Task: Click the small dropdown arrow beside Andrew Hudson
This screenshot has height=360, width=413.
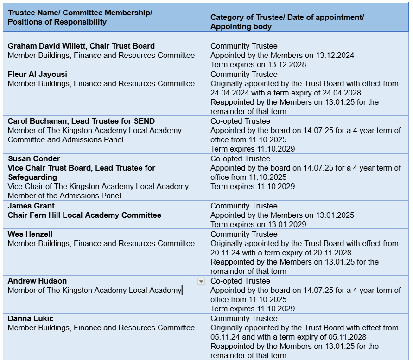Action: [x=201, y=281]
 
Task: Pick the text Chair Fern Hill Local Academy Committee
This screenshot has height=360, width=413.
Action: [x=84, y=215]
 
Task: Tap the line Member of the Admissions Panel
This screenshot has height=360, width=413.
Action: [x=64, y=196]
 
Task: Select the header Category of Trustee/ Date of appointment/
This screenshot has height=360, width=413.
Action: [x=287, y=17]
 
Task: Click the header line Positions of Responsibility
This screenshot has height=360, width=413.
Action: [x=57, y=22]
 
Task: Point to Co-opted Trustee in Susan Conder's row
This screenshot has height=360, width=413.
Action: [x=240, y=158]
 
